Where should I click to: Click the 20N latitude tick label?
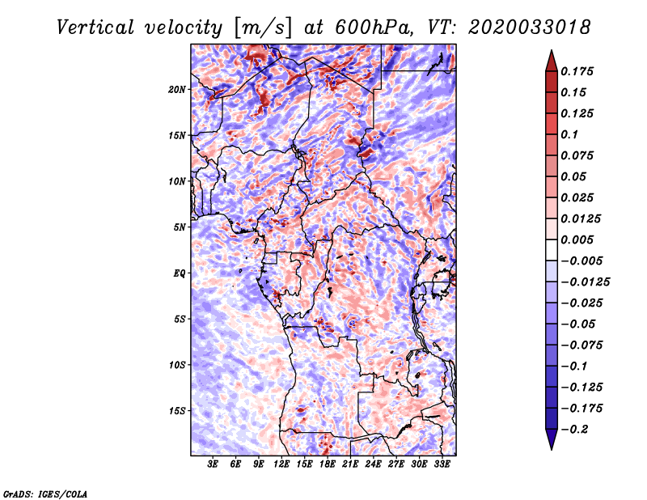tap(177, 90)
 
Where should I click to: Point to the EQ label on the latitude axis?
tap(179, 273)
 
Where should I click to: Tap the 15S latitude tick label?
tap(177, 411)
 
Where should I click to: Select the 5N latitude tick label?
tap(180, 227)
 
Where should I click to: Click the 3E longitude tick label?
tap(213, 464)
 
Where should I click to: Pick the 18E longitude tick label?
tap(328, 464)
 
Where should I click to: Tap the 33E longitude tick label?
tap(442, 464)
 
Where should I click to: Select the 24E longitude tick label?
tap(373, 464)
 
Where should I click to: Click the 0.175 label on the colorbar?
tap(577, 71)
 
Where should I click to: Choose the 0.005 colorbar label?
tap(577, 239)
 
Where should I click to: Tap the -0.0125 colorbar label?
tap(585, 282)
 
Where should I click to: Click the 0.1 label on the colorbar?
tap(569, 134)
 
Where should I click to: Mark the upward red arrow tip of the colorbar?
tap(552, 51)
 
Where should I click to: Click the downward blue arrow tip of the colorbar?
tap(552, 449)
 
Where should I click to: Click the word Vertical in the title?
tap(95, 28)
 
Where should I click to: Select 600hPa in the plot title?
tap(374, 28)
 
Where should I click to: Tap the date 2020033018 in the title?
tap(530, 28)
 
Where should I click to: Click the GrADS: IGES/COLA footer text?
tap(45, 494)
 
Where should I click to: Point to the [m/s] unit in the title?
tap(263, 28)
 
